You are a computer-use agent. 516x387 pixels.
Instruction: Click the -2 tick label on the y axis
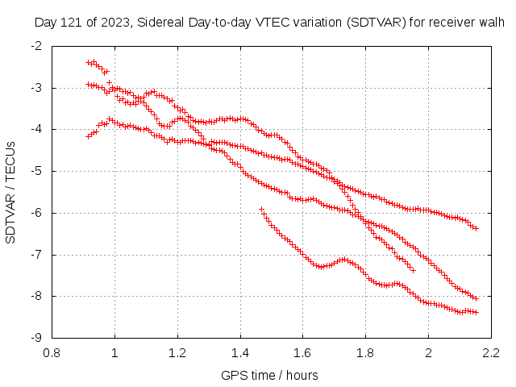click(x=37, y=46)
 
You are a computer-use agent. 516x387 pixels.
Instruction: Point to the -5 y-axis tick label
click(x=37, y=171)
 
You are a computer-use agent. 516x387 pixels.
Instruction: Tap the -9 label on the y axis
click(x=37, y=338)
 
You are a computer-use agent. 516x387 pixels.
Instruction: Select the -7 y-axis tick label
click(x=37, y=255)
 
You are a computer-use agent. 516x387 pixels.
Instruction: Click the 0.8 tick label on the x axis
click(x=52, y=352)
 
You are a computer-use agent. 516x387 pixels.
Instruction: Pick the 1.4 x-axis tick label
click(x=240, y=352)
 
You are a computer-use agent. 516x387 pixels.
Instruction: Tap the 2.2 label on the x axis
click(x=491, y=352)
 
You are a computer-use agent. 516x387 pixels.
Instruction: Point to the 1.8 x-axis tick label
click(x=365, y=352)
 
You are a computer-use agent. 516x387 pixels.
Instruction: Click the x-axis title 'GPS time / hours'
click(x=269, y=375)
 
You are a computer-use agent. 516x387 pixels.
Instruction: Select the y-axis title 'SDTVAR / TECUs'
click(x=11, y=192)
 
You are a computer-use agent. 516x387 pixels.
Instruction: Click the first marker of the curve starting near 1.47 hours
click(x=261, y=209)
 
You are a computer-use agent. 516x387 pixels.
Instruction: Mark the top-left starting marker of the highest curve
click(x=89, y=62)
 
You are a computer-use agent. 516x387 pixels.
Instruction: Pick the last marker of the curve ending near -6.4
click(x=476, y=229)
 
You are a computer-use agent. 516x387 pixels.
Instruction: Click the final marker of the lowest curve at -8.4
click(x=476, y=312)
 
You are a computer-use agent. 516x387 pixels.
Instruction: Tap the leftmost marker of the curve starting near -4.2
click(x=89, y=136)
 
